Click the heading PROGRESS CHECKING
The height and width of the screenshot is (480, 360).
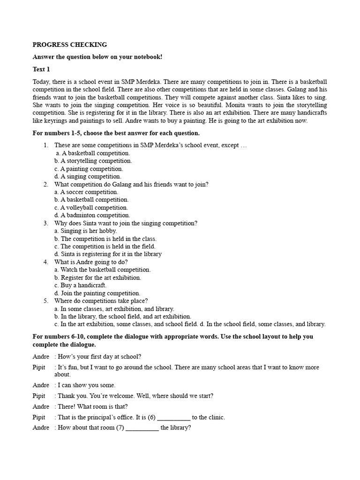(69, 45)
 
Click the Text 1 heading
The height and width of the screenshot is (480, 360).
(41, 69)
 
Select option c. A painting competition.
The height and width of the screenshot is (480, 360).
(89, 169)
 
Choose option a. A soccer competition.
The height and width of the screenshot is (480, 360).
(86, 192)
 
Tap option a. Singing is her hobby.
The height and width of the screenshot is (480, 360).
(85, 231)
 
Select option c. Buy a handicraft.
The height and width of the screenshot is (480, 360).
(80, 285)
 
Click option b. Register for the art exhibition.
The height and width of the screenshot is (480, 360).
(97, 277)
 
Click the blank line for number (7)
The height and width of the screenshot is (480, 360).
(142, 428)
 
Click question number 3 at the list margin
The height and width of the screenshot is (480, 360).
(46, 223)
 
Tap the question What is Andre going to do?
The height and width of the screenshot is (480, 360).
(90, 262)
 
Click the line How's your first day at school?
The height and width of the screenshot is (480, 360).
(99, 356)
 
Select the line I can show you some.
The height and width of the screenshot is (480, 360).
(86, 385)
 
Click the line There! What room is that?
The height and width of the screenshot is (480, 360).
(92, 407)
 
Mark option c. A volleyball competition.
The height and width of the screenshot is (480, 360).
(91, 208)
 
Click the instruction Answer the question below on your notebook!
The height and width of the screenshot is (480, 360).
(97, 57)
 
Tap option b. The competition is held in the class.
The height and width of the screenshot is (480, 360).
(105, 239)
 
